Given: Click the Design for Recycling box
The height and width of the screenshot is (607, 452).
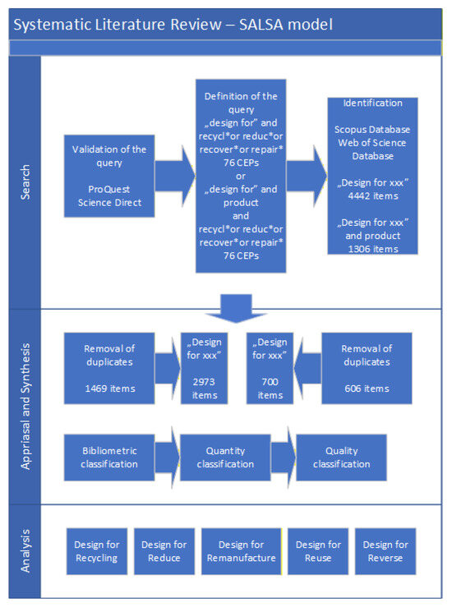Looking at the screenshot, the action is point(97,551).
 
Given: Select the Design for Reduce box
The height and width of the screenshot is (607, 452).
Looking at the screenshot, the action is point(164,551).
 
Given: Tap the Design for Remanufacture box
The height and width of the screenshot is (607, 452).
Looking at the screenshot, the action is point(242,551).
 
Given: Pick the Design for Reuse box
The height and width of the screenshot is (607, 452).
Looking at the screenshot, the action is point(318,551).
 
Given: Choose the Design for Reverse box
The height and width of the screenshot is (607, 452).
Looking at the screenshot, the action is point(385,551).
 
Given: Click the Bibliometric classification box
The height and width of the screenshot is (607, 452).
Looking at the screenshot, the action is point(109,458).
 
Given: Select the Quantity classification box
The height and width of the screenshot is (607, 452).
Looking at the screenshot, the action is point(225,458).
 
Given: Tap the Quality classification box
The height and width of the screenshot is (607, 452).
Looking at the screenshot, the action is point(341,458).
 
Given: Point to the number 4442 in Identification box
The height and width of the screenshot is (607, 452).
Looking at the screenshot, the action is point(358,195).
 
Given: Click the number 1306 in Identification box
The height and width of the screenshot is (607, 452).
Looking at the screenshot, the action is point(358,249).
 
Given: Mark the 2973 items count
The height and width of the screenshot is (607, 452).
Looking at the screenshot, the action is point(204,389).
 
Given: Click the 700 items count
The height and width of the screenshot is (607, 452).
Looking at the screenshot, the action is point(270,389).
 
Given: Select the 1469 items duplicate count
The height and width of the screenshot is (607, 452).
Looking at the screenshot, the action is point(110,389).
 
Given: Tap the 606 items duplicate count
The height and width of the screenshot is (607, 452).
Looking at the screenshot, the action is point(367,389).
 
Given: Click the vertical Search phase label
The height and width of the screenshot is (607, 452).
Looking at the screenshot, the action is point(25,182).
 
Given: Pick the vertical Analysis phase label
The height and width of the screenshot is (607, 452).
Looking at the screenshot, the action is point(25,551).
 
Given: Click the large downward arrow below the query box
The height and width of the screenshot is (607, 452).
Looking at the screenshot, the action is point(236,309).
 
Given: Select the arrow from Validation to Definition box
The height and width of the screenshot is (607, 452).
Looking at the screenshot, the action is point(175,176).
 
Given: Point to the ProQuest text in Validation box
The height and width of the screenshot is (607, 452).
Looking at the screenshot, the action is point(108,189).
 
